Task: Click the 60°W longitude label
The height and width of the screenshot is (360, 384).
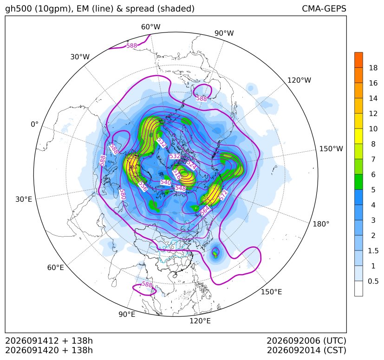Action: coord(150,27)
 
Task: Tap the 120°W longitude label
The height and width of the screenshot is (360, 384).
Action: coord(299,80)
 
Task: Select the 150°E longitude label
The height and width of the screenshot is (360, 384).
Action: coord(271,292)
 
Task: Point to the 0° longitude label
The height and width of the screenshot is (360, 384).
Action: coord(34,124)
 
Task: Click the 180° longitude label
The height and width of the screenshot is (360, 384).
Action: coord(321,224)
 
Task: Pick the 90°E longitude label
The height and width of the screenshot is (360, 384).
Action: coord(127,314)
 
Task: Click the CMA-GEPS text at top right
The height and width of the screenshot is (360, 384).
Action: coord(324,8)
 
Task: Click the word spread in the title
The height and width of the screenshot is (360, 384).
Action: coord(139,9)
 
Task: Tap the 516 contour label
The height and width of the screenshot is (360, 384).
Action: coord(176,174)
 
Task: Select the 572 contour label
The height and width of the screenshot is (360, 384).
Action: coord(223,195)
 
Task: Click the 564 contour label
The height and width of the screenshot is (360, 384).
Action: coord(205,210)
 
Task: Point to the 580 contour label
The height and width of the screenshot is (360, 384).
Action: coord(123,194)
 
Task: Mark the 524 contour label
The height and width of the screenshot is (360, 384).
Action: coord(191,165)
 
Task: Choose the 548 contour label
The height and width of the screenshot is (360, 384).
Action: coord(181,188)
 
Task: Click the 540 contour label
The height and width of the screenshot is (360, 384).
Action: coord(166,182)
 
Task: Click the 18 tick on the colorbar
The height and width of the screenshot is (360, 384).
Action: coord(373,68)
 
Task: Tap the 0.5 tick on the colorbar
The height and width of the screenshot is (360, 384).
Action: coord(373,281)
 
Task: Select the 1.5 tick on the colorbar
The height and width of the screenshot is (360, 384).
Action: coord(373,251)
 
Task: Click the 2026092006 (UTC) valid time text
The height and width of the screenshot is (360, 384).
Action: coord(306,341)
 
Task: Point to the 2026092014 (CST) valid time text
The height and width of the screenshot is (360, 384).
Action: coord(306,350)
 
